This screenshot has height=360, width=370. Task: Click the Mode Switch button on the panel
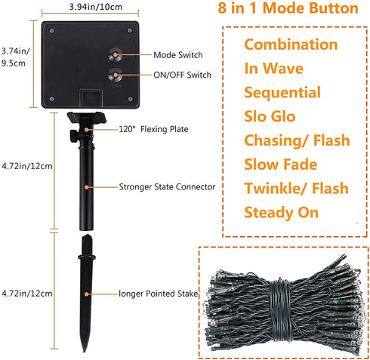click(x=116, y=54)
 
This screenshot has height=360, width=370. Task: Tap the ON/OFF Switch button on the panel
click(x=116, y=75)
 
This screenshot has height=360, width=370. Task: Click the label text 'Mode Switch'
click(x=178, y=55)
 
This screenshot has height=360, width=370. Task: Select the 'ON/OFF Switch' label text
click(x=182, y=75)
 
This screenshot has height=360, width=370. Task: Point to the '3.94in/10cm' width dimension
click(x=96, y=7)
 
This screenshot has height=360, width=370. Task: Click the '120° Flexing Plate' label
click(x=153, y=129)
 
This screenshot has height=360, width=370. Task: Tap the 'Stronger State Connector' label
click(x=167, y=186)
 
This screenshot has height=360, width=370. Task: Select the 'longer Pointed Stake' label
click(x=158, y=294)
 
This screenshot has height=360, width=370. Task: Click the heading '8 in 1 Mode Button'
click(x=288, y=8)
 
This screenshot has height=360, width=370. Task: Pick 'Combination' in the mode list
click(x=291, y=45)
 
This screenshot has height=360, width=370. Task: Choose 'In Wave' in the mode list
click(x=274, y=68)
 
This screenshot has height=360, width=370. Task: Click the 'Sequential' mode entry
click(x=282, y=92)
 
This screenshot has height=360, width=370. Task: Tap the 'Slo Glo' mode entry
click(x=270, y=116)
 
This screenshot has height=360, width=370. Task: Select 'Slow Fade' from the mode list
click(x=281, y=165)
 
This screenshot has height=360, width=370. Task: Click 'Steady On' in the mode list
click(x=282, y=213)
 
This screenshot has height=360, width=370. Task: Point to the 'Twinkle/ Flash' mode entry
click(x=296, y=188)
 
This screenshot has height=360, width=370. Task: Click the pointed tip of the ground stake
click(x=85, y=351)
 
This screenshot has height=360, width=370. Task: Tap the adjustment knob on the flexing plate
click(x=73, y=136)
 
